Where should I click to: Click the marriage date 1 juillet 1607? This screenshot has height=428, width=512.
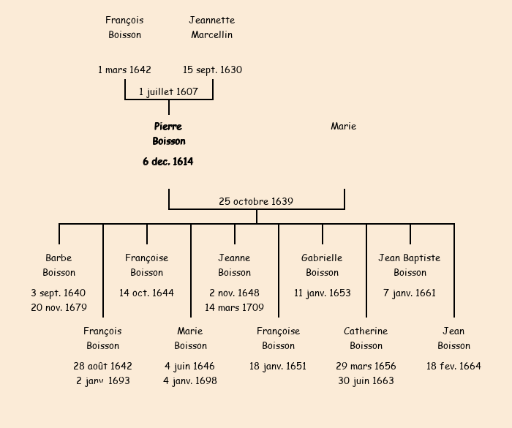tap(168, 91)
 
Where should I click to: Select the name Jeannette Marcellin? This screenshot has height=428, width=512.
tap(212, 27)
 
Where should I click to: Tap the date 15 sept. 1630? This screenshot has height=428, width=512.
tap(212, 70)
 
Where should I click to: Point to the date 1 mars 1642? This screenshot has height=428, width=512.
tap(124, 70)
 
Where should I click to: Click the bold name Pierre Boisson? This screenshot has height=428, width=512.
tap(168, 134)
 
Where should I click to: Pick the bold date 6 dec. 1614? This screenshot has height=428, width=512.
tap(168, 162)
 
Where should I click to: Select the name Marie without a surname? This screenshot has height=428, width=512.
tap(343, 127)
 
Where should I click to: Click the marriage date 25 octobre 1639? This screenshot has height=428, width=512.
tap(256, 201)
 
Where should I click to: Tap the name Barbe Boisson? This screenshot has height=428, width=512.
tap(59, 265)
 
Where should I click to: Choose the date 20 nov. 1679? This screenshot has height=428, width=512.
tap(59, 307)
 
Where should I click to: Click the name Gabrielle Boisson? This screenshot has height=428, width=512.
tap(322, 265)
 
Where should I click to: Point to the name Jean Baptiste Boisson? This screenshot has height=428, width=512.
tap(410, 265)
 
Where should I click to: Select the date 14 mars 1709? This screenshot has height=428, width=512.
tap(234, 307)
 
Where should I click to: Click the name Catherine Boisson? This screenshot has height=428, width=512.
tap(366, 338)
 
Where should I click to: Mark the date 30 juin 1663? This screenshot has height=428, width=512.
tap(366, 380)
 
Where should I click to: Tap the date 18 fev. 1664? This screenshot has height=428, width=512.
tap(453, 366)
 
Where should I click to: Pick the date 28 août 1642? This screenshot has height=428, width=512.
tap(102, 366)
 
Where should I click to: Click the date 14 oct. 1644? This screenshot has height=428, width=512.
tap(146, 293)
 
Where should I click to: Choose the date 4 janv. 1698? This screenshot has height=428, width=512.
tap(190, 380)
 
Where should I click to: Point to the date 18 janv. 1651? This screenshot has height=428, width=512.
tap(278, 366)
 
